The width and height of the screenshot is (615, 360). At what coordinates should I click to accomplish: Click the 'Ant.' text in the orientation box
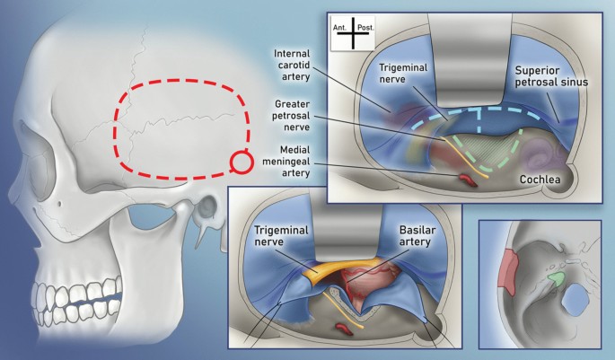click(341, 29)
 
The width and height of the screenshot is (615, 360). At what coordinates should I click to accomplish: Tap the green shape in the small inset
click(558, 281)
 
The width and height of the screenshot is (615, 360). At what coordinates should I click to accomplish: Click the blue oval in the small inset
click(574, 310)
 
